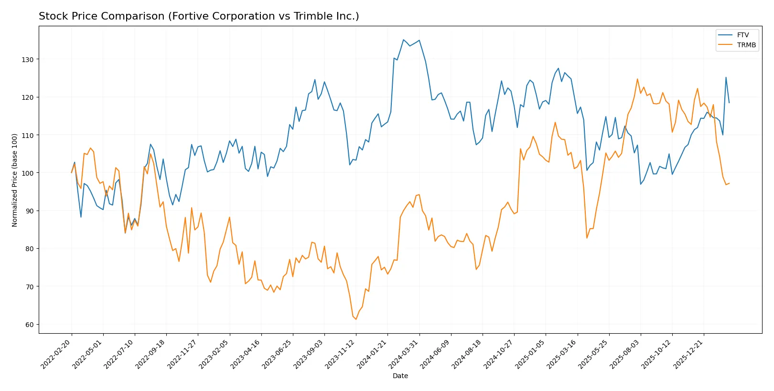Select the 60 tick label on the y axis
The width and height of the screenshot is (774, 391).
[x=29, y=325]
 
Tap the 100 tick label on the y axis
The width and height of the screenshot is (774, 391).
[x=27, y=173]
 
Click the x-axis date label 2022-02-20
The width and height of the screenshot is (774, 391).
[x=57, y=354]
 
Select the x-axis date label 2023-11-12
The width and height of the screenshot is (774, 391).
[x=341, y=354]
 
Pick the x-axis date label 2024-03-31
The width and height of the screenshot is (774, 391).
[x=404, y=354]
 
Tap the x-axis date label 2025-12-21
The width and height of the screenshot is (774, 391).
[x=688, y=354]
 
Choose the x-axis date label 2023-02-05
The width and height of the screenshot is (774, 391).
[x=215, y=354]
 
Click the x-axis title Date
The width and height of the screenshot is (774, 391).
[x=400, y=376]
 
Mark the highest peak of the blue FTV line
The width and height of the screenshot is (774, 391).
[x=403, y=40]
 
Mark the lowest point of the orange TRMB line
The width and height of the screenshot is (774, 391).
[x=356, y=319]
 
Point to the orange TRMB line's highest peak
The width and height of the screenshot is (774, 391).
[x=637, y=79]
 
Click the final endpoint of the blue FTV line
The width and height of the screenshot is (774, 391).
[x=729, y=103]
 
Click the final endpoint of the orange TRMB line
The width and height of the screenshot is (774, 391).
[x=729, y=183]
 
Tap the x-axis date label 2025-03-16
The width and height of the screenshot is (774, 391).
[x=562, y=354]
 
